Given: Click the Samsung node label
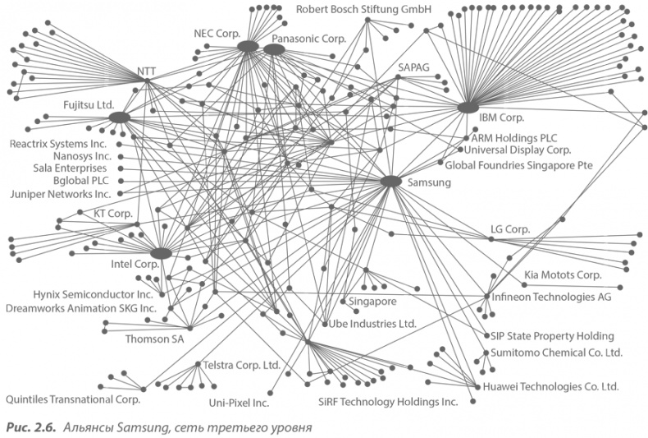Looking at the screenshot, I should pyautogui.click(x=430, y=183).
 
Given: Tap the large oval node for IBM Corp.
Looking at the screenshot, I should pyautogui.click(x=468, y=108).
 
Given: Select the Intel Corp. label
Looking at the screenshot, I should pyautogui.click(x=135, y=265).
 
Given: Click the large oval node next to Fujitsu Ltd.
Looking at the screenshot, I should pyautogui.click(x=120, y=118).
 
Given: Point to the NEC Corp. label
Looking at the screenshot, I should pyautogui.click(x=216, y=34).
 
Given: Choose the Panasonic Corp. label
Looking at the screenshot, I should pyautogui.click(x=308, y=39).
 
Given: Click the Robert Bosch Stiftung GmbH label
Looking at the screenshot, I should pyautogui.click(x=364, y=10).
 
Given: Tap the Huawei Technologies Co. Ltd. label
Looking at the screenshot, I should pyautogui.click(x=550, y=386).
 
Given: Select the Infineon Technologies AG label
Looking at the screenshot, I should pyautogui.click(x=551, y=296).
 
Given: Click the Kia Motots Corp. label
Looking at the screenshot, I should pyautogui.click(x=563, y=274).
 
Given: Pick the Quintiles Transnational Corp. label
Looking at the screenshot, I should pyautogui.click(x=73, y=399).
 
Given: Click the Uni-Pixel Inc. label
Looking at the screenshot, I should pyautogui.click(x=239, y=403).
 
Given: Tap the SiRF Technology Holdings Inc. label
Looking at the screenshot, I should pyautogui.click(x=387, y=403).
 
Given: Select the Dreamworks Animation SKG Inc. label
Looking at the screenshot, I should pyautogui.click(x=80, y=308).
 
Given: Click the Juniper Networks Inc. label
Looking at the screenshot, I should pyautogui.click(x=59, y=195).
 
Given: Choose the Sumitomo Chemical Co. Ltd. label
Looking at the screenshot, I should pyautogui.click(x=556, y=353).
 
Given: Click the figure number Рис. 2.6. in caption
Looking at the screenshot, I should pyautogui.click(x=27, y=427).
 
